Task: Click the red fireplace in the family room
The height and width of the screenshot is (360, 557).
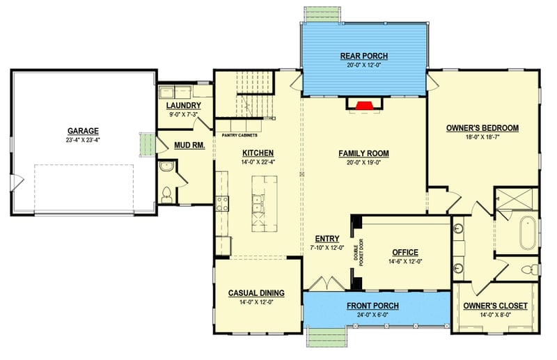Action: click(363, 106)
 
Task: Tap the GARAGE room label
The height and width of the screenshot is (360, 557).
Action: click(83, 130)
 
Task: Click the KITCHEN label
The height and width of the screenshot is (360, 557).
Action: click(258, 153)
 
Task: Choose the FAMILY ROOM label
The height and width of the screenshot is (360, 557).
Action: click(363, 153)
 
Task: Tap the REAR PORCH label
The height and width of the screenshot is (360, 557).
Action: click(364, 56)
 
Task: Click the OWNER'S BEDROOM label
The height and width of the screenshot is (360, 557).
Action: click(483, 128)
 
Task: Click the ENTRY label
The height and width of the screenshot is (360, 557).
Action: click(327, 238)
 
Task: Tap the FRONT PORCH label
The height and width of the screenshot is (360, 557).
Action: click(375, 306)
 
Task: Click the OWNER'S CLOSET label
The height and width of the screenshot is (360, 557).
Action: click(495, 306)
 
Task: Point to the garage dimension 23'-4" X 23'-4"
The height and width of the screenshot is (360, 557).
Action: click(83, 139)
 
